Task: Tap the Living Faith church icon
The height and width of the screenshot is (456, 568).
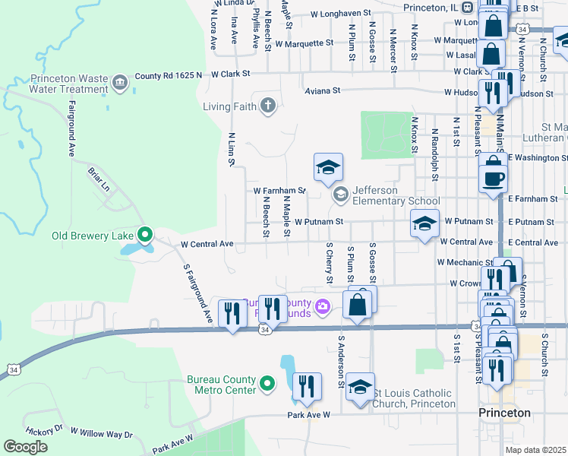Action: pyautogui.click(x=267, y=106)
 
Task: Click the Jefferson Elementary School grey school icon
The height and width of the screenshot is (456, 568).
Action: pyautogui.click(x=340, y=195)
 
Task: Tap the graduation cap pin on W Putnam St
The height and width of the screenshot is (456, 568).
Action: pyautogui.click(x=425, y=223)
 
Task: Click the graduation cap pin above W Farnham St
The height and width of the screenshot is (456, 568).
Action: pyautogui.click(x=328, y=168)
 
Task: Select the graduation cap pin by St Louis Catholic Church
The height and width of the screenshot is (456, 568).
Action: pyautogui.click(x=360, y=385)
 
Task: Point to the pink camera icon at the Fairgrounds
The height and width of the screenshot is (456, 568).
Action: pyautogui.click(x=323, y=306)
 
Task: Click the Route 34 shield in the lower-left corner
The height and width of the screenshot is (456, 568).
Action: pyautogui.click(x=13, y=369)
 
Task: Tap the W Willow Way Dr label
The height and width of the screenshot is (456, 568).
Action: pyautogui.click(x=101, y=432)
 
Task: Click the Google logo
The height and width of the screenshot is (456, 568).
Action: pyautogui.click(x=26, y=446)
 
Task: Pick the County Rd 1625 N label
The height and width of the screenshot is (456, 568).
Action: pyautogui.click(x=169, y=75)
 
